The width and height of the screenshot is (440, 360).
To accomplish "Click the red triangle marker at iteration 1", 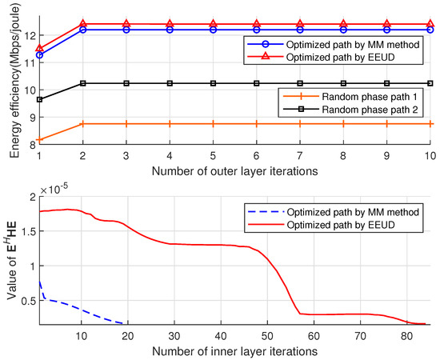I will (40, 48).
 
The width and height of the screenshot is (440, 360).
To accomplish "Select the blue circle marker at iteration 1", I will (40, 55).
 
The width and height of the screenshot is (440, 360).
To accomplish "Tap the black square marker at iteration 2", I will (83, 83).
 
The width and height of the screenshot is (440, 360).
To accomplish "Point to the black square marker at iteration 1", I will (40, 99).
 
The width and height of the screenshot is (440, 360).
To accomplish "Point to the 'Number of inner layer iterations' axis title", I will (235, 350).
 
